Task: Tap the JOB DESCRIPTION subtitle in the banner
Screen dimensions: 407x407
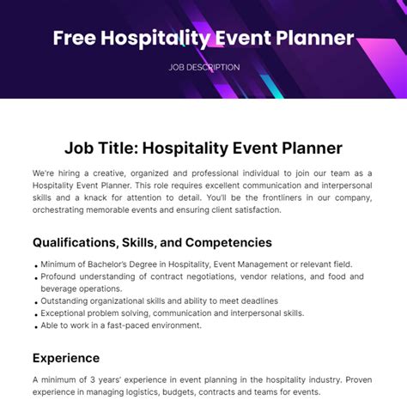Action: pos(203,67)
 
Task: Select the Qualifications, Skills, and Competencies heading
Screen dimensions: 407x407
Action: pos(152,242)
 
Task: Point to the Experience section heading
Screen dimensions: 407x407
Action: pos(66,357)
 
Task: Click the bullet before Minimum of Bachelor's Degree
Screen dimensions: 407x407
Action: pos(35,265)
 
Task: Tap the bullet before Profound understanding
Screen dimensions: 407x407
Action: pos(35,278)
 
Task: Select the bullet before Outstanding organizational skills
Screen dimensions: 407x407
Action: pos(35,301)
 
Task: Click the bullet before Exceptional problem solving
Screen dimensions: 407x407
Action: pos(35,313)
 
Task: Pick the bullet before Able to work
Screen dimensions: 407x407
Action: pos(35,325)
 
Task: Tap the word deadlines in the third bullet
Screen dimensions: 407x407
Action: pos(253,301)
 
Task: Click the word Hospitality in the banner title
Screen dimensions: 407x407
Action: pos(152,39)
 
